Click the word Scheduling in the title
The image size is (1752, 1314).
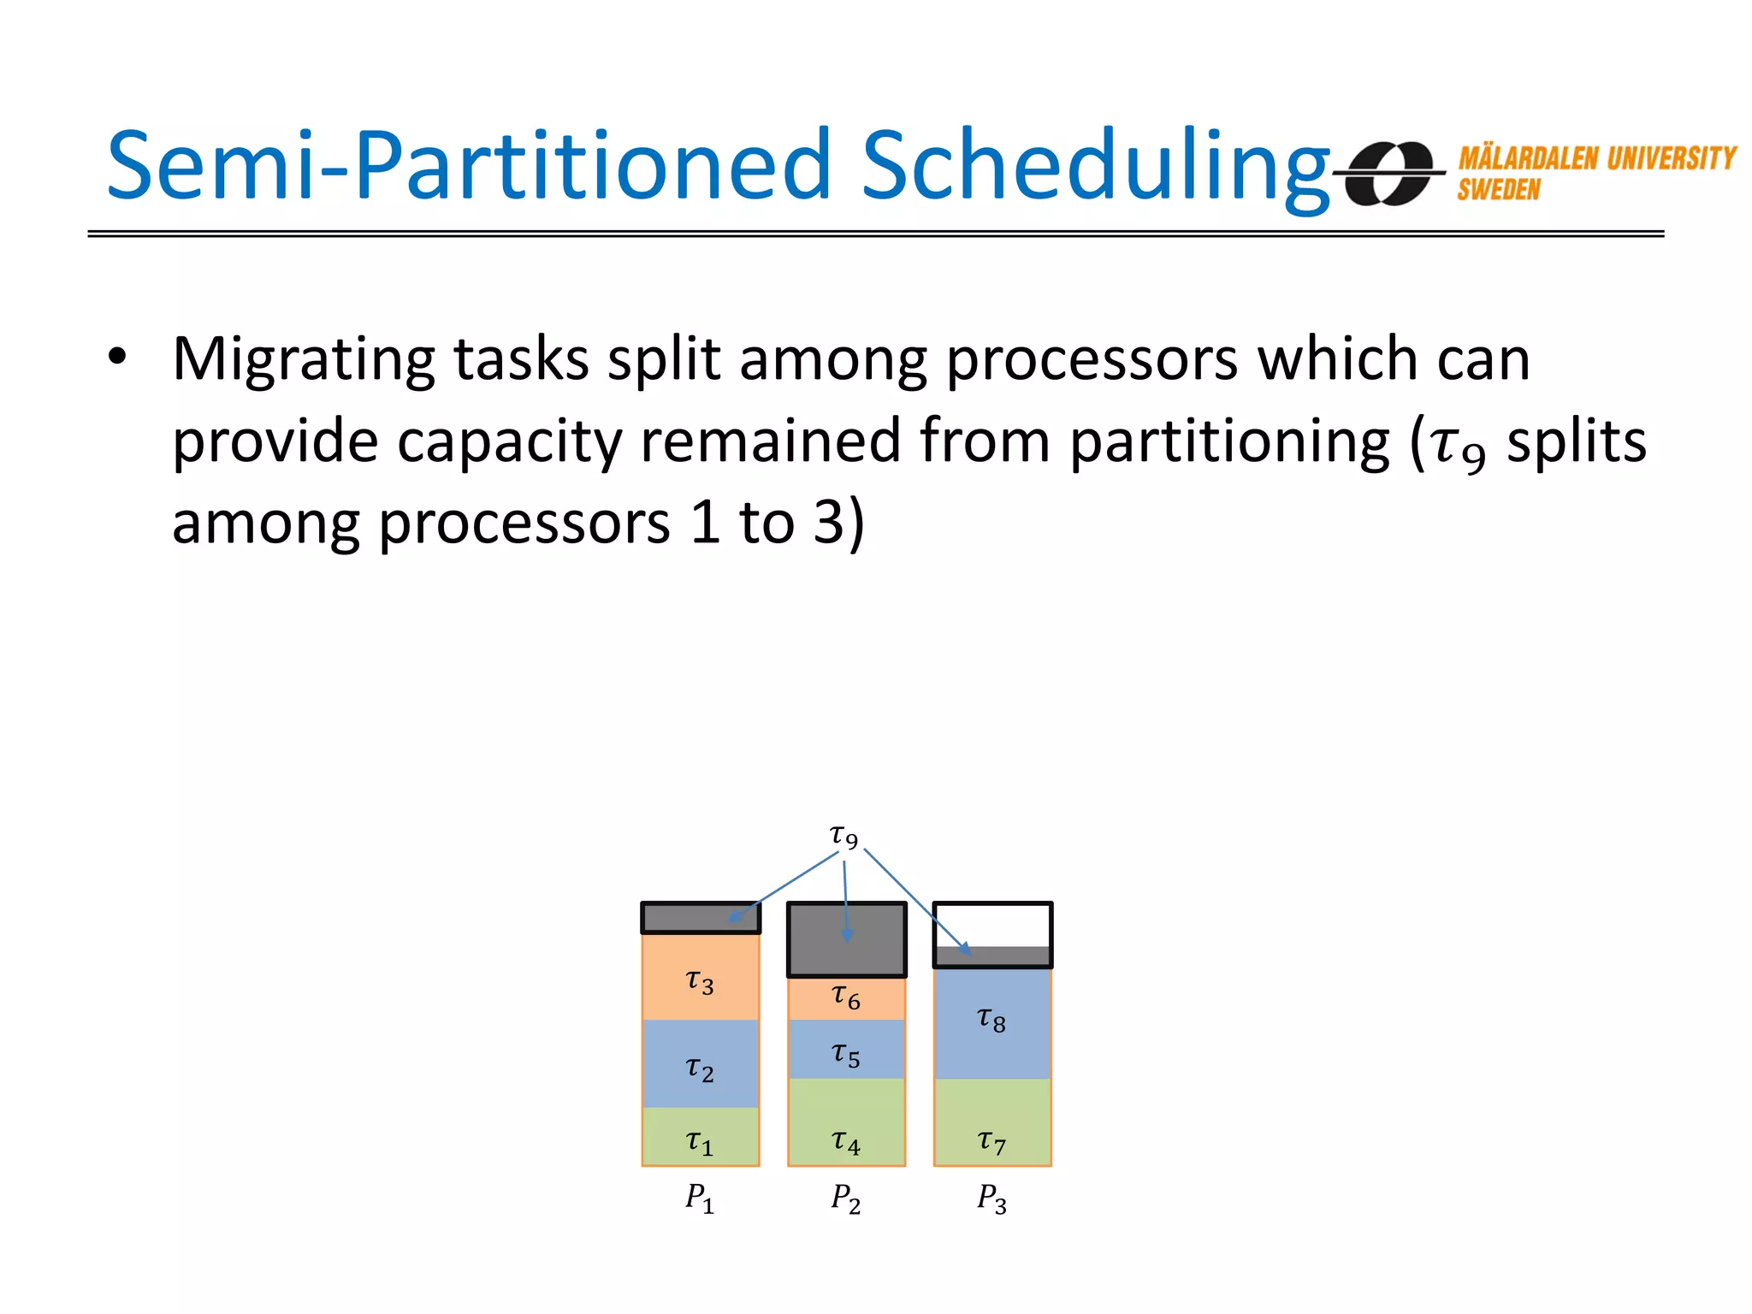tap(1095, 167)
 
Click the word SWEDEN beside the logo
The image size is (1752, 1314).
tap(1498, 189)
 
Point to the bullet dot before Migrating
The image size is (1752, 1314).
tap(117, 358)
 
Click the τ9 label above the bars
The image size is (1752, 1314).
tap(843, 835)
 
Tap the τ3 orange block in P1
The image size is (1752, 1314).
tap(701, 977)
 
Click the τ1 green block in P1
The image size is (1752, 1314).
tap(701, 1138)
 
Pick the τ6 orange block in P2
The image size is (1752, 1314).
tap(846, 998)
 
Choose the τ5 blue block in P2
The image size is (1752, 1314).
tap(846, 1050)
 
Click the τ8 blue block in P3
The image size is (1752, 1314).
tap(992, 1023)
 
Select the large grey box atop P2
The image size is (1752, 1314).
tap(846, 939)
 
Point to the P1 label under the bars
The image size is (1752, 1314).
tap(699, 1198)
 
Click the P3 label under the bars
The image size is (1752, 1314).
tap(991, 1198)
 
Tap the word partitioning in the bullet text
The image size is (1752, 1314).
tap(1228, 442)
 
